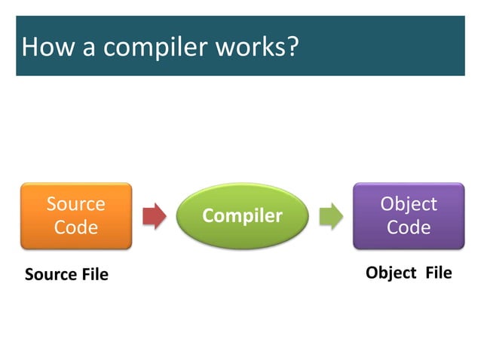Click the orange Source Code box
[x=75, y=216]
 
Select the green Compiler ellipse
[x=243, y=217]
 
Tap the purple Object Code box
[x=409, y=216]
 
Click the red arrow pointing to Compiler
[x=154, y=216]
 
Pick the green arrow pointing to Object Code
[x=329, y=216]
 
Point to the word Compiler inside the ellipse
[x=243, y=217]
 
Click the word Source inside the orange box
[x=75, y=204]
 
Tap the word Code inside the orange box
[x=75, y=227]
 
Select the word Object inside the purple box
[x=409, y=204]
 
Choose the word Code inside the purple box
[x=409, y=227]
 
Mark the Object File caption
[x=409, y=273]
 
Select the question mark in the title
[x=293, y=48]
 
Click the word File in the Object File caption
[x=438, y=273]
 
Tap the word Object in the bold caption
[x=391, y=273]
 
